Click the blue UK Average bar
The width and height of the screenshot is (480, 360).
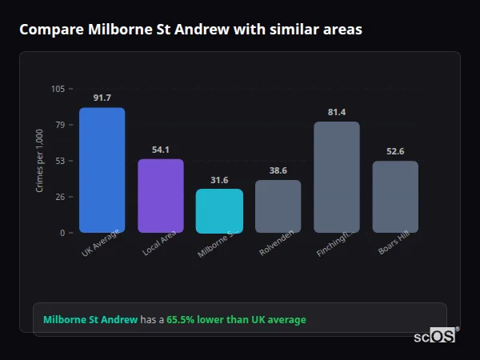coord(102,170)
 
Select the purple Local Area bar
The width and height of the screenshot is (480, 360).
coord(161,196)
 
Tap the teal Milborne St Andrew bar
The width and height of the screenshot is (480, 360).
coord(219,210)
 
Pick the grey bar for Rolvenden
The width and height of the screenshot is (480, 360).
coord(278,206)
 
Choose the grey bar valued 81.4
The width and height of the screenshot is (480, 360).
coord(337,177)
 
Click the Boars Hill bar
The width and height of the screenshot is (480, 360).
coord(395,197)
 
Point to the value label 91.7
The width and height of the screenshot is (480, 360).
coord(102,98)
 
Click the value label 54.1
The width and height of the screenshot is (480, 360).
coord(161,150)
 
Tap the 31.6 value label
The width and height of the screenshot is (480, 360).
coord(219,180)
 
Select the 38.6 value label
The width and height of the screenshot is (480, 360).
coord(278,170)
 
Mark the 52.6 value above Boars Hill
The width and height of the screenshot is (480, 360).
coord(395,151)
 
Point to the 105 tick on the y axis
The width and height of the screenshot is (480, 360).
coord(58,89)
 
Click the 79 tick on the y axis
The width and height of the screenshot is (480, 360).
coord(60,125)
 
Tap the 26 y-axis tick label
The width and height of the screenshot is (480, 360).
coord(60,197)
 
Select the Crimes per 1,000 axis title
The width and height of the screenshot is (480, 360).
coord(39,161)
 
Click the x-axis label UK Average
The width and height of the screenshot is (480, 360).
coord(101,243)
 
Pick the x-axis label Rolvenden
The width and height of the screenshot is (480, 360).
coord(277,243)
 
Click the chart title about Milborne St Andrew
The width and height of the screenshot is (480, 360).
coord(190,30)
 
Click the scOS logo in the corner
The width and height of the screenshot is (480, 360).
coord(434,336)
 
